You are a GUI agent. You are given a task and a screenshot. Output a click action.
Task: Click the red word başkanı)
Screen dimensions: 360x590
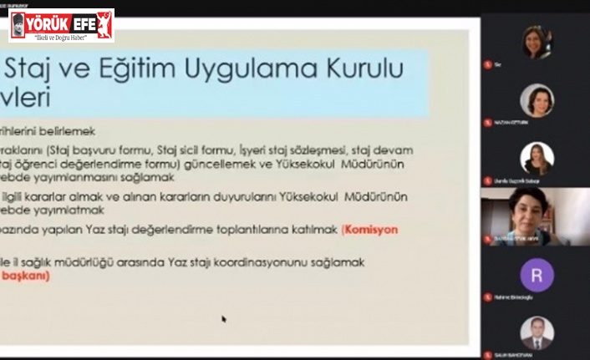[25, 275]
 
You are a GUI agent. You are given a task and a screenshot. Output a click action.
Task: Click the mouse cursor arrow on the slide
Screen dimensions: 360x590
[224, 318]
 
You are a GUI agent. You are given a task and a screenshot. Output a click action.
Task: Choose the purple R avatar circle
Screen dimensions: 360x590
[537, 275]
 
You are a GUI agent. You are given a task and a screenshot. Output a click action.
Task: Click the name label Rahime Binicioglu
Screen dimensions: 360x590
[513, 297]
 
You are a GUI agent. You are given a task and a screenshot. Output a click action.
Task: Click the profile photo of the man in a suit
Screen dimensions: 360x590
[537, 332]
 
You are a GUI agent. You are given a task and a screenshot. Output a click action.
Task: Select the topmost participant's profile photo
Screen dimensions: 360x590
[537, 42]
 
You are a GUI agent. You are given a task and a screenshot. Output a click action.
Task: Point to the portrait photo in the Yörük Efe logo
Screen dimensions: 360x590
[18, 26]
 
